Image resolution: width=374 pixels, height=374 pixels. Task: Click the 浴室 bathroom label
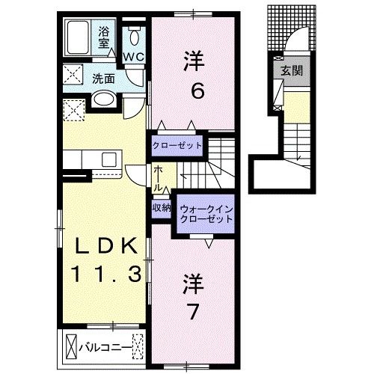(x=103, y=37)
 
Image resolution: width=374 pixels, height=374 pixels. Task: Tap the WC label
(x=134, y=57)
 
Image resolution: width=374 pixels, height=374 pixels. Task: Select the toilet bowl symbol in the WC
(x=134, y=37)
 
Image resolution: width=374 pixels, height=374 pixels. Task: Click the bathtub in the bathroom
(x=78, y=37)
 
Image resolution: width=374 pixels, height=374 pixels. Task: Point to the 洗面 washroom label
(x=103, y=79)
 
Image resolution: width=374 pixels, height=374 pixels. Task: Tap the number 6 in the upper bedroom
(x=197, y=91)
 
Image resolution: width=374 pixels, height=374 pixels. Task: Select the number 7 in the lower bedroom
(x=193, y=312)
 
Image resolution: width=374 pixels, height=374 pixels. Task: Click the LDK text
(x=106, y=245)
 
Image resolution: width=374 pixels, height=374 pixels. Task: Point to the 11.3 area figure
(x=106, y=274)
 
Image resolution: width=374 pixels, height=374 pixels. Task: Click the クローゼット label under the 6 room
(x=177, y=145)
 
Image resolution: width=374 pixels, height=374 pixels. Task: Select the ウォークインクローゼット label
(x=206, y=214)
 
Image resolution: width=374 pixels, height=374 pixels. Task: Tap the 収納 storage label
(x=162, y=207)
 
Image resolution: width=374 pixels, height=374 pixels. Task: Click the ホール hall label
(x=158, y=179)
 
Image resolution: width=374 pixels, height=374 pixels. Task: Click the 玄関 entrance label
(x=292, y=71)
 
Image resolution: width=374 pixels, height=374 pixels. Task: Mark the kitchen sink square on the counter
(x=109, y=159)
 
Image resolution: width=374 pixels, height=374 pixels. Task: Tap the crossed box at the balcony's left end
(x=71, y=346)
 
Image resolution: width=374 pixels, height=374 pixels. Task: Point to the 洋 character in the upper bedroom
(x=194, y=61)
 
